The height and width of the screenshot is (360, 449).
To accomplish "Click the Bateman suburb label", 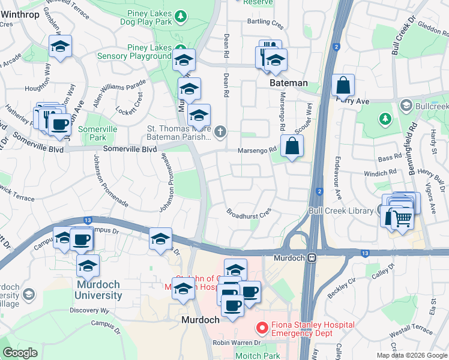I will tap(289, 83).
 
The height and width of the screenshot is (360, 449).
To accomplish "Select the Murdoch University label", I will tap(98, 289).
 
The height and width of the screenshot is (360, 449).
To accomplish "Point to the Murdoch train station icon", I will tap(312, 257).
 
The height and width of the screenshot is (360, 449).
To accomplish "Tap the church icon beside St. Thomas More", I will tap(220, 131).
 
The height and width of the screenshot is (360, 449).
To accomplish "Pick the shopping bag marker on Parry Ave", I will tap(343, 86).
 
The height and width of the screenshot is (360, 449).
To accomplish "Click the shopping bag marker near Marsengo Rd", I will tap(292, 146).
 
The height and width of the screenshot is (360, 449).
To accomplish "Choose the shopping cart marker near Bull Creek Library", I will tap(402, 217).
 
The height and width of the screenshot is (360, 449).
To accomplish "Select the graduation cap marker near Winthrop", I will tap(60, 47).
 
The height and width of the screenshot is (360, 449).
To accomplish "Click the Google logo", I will tap(20, 353).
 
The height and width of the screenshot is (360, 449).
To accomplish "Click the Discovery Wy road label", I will tap(89, 310).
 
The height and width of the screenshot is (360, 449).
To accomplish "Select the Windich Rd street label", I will tap(381, 173).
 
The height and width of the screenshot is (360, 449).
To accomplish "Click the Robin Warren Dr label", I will tap(238, 343).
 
